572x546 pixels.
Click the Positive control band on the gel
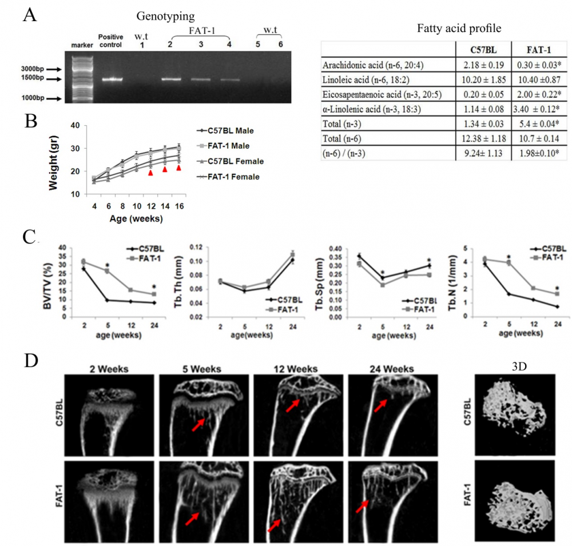coord(113,79)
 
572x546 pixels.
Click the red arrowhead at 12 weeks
coord(150,172)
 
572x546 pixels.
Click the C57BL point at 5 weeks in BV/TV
coord(107,300)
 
